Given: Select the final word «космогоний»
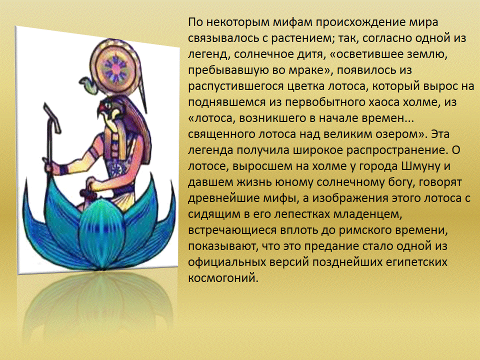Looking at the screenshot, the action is click(223, 278).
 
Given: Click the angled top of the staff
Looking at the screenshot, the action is click(51, 118).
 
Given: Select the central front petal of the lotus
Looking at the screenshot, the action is click(101, 232).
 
